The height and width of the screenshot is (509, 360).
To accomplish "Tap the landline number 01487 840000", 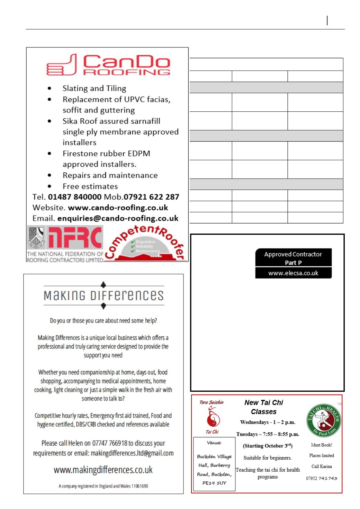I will (x=74, y=197).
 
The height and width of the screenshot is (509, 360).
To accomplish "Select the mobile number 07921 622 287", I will (x=151, y=197).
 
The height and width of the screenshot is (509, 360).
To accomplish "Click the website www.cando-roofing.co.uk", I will (x=118, y=208).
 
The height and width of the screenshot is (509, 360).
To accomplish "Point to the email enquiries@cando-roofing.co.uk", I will (x=118, y=218).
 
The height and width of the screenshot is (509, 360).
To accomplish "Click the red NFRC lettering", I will (x=75, y=238).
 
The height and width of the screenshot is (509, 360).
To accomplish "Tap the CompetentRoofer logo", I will (x=145, y=244).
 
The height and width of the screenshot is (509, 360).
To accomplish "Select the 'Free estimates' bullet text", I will (x=90, y=186).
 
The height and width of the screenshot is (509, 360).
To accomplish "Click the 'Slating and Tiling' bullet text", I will (x=94, y=88).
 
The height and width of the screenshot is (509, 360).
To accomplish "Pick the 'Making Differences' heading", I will (x=103, y=296).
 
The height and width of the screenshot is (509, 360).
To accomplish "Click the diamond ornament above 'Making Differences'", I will (x=103, y=285).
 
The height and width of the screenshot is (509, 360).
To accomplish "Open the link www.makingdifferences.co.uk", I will (x=103, y=470).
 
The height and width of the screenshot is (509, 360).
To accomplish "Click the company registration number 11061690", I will (x=139, y=486).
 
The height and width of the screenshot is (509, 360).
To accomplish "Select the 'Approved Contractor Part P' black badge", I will (x=293, y=258).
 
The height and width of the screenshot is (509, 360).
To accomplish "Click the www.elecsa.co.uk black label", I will (x=293, y=273).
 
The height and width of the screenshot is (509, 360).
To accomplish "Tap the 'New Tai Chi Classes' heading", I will (x=264, y=407).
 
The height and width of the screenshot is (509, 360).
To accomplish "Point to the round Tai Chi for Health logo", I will (x=324, y=420).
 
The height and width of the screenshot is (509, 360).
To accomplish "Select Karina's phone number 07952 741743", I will (x=321, y=478).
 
